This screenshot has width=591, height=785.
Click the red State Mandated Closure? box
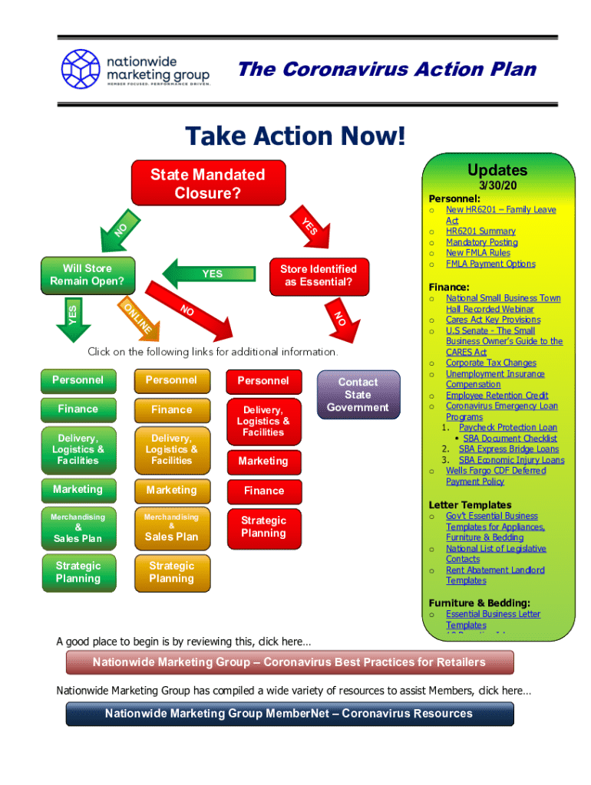point(208,183)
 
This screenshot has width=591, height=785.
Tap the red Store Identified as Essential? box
point(318,275)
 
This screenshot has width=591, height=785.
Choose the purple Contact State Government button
point(358,394)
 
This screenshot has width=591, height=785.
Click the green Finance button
point(78,409)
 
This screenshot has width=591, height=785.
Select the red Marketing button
point(263,461)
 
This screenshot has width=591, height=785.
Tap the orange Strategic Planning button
point(171,573)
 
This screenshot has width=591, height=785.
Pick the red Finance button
point(263,491)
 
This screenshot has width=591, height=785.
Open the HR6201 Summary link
point(480,231)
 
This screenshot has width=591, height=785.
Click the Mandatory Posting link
point(481,241)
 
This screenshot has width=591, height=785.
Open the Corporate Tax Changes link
point(491,363)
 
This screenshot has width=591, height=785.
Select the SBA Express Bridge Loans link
point(508,448)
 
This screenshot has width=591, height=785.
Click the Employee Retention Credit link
point(497,395)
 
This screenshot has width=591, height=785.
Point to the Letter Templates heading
point(470,504)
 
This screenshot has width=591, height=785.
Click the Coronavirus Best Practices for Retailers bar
point(289,662)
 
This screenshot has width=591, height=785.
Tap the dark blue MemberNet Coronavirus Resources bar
point(289,714)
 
